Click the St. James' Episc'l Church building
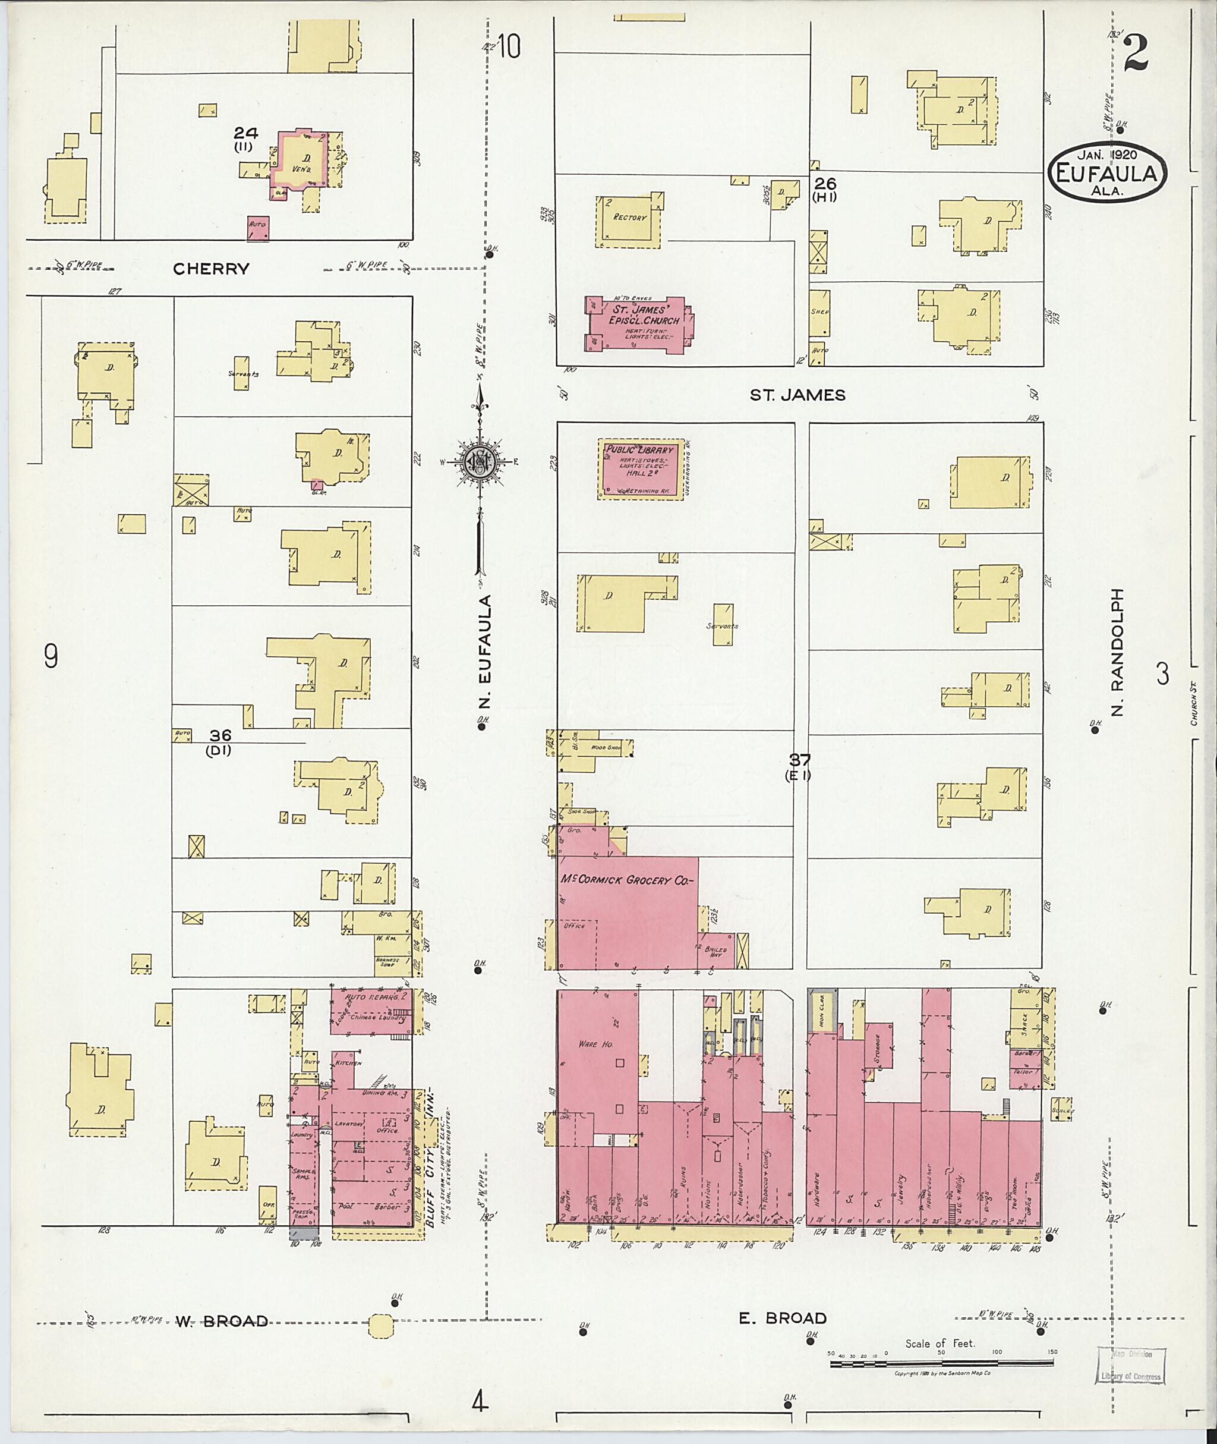click(639, 325)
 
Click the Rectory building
click(629, 221)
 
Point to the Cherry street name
click(210, 269)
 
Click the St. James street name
click(797, 395)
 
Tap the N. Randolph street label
click(1118, 651)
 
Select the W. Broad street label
click(221, 1321)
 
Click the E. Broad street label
click(783, 1319)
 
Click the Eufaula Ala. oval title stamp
click(1106, 172)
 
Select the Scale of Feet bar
click(942, 1364)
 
